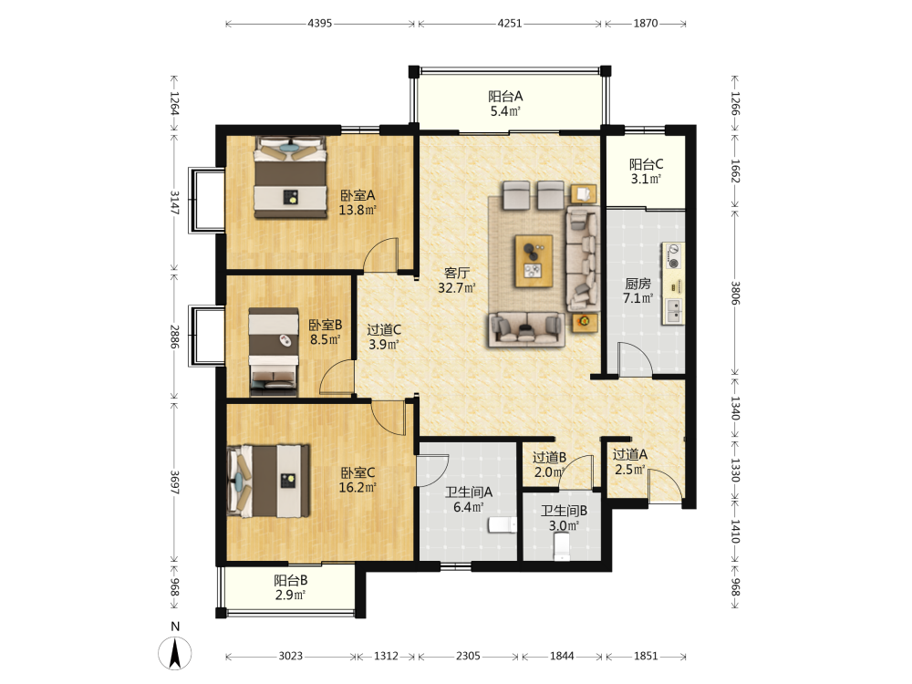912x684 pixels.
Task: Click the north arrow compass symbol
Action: [175, 653]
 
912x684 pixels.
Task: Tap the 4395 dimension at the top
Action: [320, 24]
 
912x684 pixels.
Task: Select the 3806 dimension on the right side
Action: [735, 293]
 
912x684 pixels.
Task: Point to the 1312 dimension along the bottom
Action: [386, 656]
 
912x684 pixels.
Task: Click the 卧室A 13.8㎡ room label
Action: [358, 202]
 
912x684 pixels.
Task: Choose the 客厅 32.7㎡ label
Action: [457, 280]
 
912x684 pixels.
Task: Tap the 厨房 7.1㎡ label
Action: [638, 291]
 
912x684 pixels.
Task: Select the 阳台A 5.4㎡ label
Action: [505, 104]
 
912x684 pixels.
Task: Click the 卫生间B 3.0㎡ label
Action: [564, 518]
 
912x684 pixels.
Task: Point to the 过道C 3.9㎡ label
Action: [384, 337]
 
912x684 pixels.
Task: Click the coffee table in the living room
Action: [534, 261]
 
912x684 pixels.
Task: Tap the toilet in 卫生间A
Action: [503, 524]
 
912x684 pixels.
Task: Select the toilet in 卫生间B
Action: [563, 546]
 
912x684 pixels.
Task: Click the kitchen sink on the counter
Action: [674, 311]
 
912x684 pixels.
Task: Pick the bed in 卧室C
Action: [268, 481]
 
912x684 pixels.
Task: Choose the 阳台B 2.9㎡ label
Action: [291, 587]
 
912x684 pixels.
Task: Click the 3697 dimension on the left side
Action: [174, 482]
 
